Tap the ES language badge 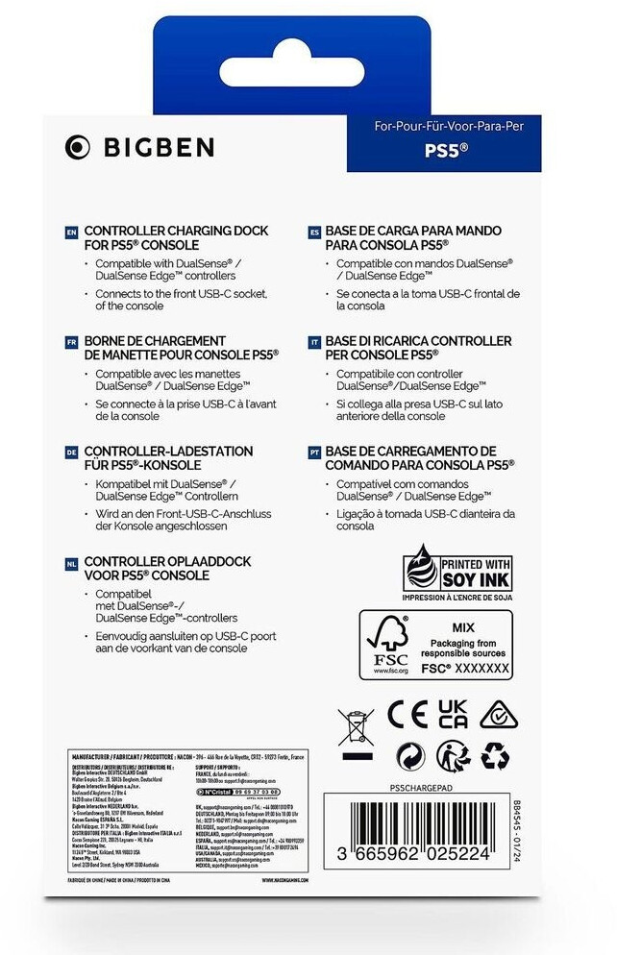(x=314, y=232)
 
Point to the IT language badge (x=314, y=341)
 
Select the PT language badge (x=314, y=451)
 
